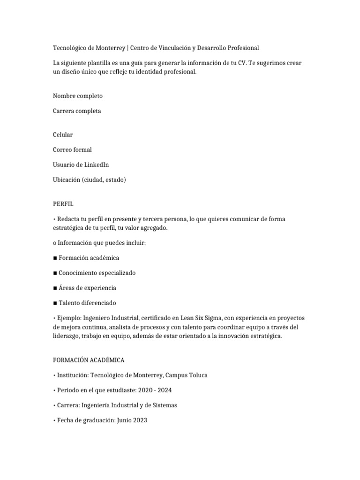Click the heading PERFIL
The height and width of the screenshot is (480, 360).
pyautogui.click(x=63, y=204)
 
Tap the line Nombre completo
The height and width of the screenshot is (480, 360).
pyautogui.click(x=78, y=96)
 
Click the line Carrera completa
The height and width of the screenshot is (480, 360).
pyautogui.click(x=77, y=111)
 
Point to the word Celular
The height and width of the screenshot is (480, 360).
pyautogui.click(x=63, y=135)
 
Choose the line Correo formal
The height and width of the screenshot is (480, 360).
pyautogui.click(x=72, y=150)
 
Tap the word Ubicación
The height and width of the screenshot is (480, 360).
pyautogui.click(x=67, y=180)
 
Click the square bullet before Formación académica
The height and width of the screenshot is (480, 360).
pyautogui.click(x=55, y=258)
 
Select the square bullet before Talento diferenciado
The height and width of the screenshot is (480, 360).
pyautogui.click(x=55, y=303)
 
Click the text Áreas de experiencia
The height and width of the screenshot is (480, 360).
pyautogui.click(x=87, y=288)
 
